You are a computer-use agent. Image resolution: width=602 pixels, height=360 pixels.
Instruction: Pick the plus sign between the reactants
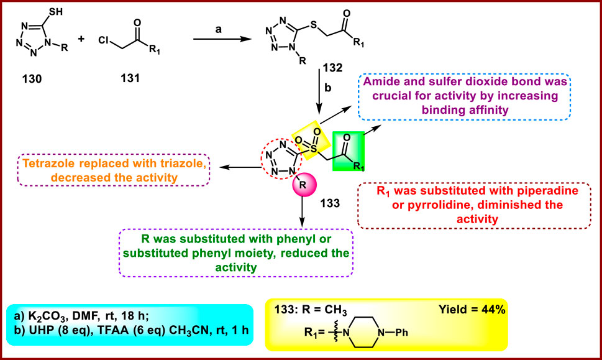[81, 39]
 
